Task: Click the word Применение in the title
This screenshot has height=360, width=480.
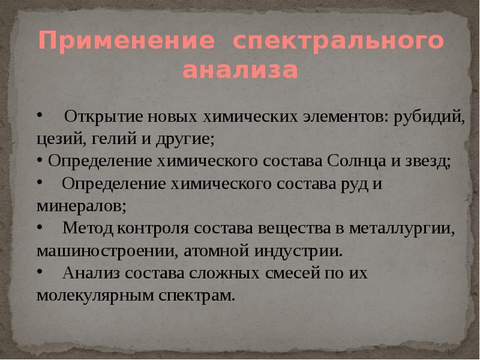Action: click(126, 41)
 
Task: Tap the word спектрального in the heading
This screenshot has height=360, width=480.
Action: click(339, 43)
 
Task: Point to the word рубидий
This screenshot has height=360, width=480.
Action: click(428, 116)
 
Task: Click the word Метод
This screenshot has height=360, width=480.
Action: click(89, 228)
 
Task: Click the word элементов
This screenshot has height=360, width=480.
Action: click(340, 116)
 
